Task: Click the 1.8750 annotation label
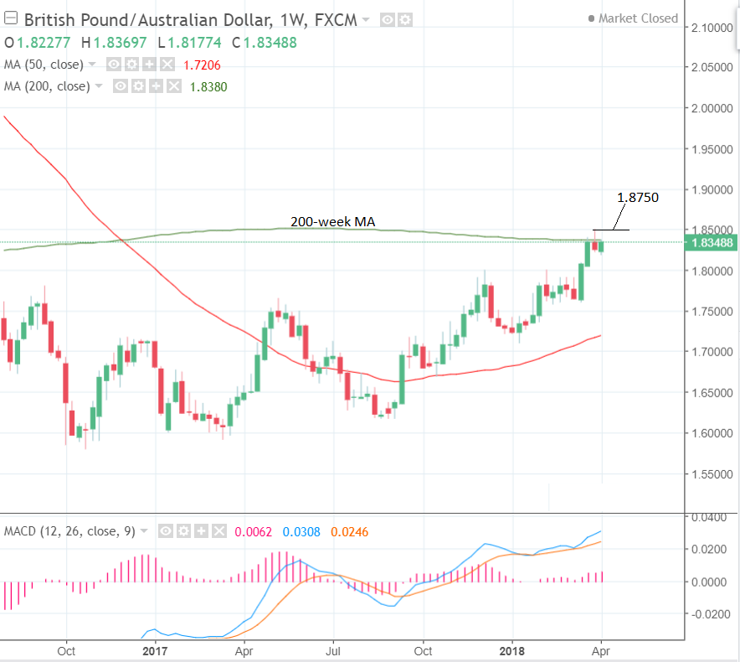coord(638,198)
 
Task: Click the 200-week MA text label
coord(332,222)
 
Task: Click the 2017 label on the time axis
coord(156,650)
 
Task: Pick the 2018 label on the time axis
coord(513,650)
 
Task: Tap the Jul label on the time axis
coord(334,650)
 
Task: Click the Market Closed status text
coord(639,18)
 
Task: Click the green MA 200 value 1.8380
coord(209,86)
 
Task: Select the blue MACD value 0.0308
coord(301,531)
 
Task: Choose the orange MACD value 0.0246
coord(350,531)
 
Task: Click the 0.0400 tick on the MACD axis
coord(714,517)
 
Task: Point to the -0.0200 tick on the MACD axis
coord(712,614)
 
